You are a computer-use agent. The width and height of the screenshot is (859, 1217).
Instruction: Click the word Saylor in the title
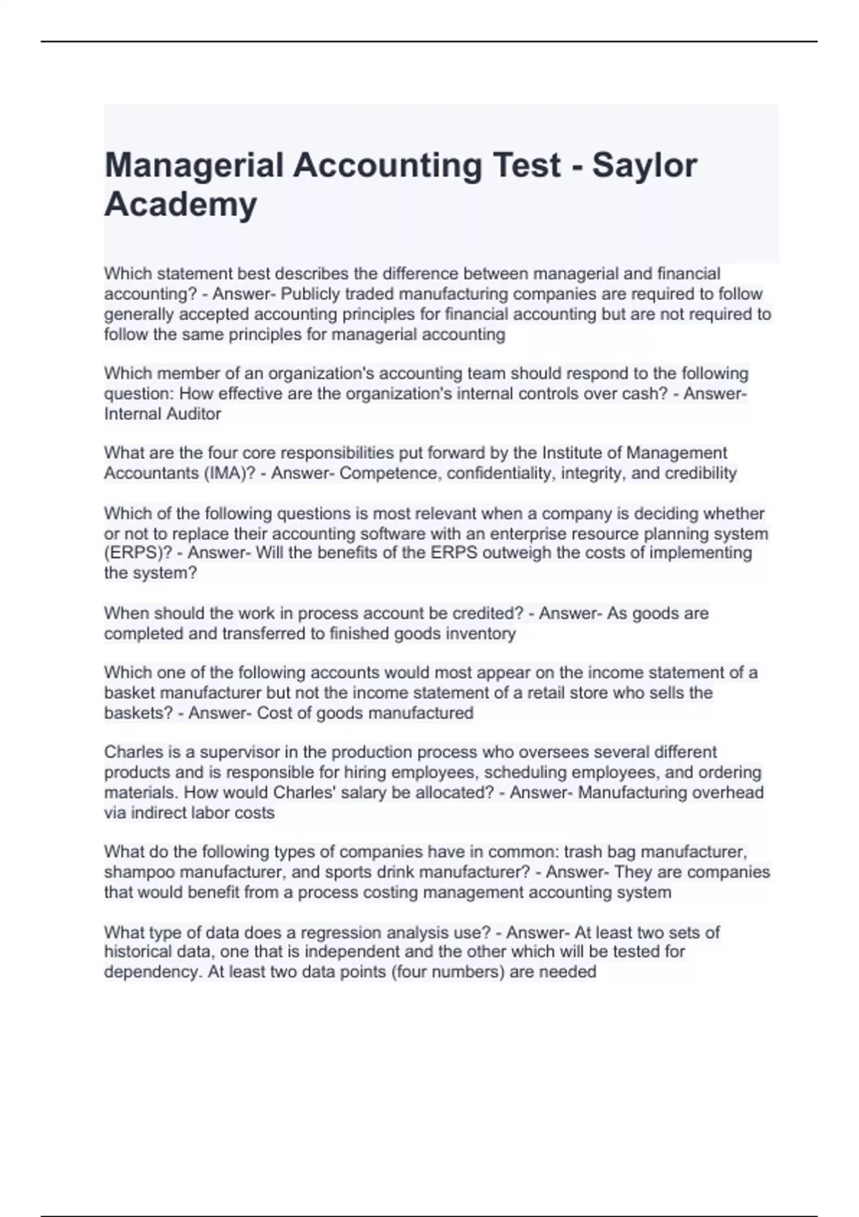click(x=644, y=166)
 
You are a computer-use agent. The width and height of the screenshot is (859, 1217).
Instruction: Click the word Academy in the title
click(x=180, y=205)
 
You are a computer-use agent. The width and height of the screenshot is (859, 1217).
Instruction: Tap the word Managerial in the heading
click(x=194, y=166)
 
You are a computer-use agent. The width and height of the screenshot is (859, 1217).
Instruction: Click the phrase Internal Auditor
click(x=162, y=414)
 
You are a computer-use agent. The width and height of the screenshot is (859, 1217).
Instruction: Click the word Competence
click(x=383, y=473)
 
